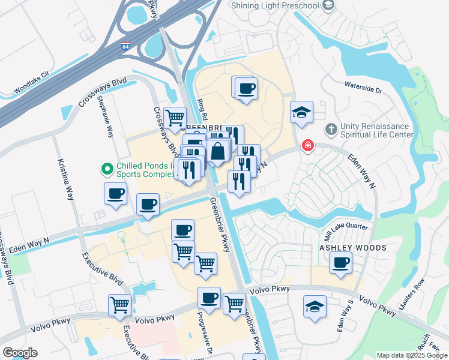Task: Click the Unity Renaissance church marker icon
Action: pos(331,130)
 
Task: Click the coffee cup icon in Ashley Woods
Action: pos(341,262)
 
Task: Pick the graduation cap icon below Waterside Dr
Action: pos(301,112)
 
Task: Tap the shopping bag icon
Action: pos(218,151)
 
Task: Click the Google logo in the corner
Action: pos(20,353)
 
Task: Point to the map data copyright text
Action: pos(411,355)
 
